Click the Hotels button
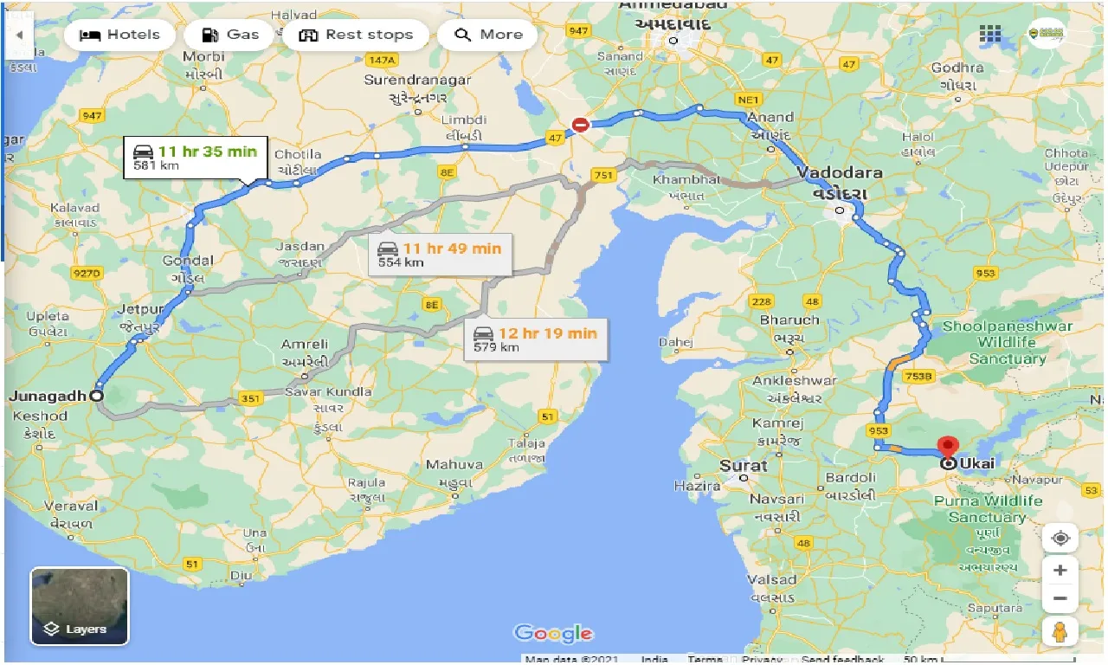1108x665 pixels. tap(119, 36)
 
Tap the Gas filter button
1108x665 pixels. tap(230, 36)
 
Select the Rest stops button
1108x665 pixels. tap(355, 36)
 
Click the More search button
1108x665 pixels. tap(488, 36)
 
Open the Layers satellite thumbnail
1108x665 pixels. tap(80, 606)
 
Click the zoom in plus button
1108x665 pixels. tap(1060, 571)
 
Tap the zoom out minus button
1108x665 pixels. tap(1060, 598)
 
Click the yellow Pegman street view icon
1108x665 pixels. tap(1060, 631)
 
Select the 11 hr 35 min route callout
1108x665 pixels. tap(195, 158)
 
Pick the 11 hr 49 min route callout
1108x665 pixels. tap(439, 254)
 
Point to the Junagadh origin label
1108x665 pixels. tap(48, 397)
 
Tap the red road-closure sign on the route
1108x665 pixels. tap(581, 126)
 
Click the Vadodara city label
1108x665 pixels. tap(841, 172)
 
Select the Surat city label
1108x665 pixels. tap(743, 466)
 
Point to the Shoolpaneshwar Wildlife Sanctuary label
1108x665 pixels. tap(1007, 342)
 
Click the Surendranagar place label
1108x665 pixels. tap(417, 80)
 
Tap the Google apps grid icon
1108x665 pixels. tap(990, 35)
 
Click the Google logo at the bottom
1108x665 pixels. tap(554, 634)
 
